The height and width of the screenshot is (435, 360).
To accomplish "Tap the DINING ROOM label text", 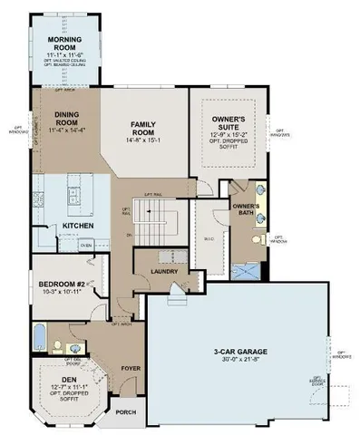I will tap(68, 119).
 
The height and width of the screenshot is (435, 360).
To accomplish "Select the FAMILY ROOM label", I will tap(144, 128).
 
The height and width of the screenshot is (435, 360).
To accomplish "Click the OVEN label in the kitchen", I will tap(86, 244).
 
